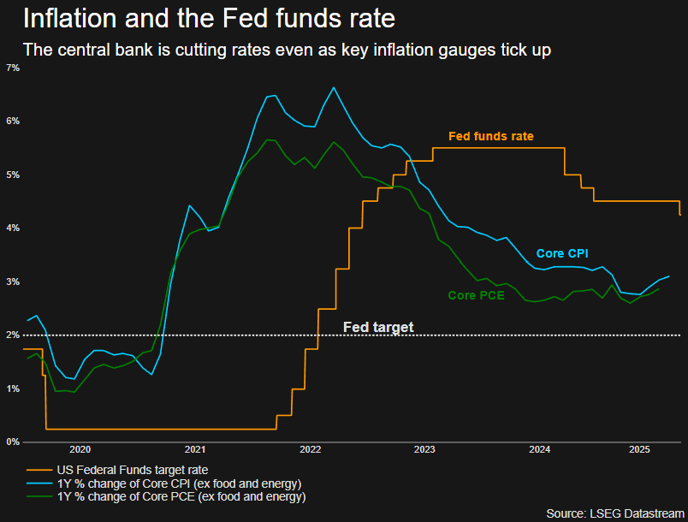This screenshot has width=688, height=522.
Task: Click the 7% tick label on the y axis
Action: (13, 68)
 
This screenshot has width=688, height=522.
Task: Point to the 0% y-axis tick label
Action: (13, 442)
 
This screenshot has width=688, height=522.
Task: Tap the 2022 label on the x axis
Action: (311, 449)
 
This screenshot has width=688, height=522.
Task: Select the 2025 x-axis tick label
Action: (639, 449)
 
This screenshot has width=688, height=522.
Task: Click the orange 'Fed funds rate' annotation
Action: (491, 136)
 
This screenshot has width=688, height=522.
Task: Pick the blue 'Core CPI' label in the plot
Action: (562, 253)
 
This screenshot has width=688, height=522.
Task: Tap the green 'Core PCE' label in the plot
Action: (476, 295)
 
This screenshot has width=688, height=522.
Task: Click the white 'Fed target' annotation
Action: (378, 327)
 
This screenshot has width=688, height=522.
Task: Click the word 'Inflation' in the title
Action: (70, 19)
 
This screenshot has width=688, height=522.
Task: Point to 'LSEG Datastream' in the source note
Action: (637, 513)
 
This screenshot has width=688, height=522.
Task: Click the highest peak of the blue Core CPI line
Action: (334, 87)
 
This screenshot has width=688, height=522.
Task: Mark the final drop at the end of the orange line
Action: (679, 208)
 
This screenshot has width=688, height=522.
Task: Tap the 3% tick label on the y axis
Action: (13, 282)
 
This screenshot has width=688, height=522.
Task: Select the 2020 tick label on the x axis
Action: (80, 449)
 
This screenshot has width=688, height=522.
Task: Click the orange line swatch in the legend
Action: (39, 471)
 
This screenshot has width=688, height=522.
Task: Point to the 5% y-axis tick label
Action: (13, 175)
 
